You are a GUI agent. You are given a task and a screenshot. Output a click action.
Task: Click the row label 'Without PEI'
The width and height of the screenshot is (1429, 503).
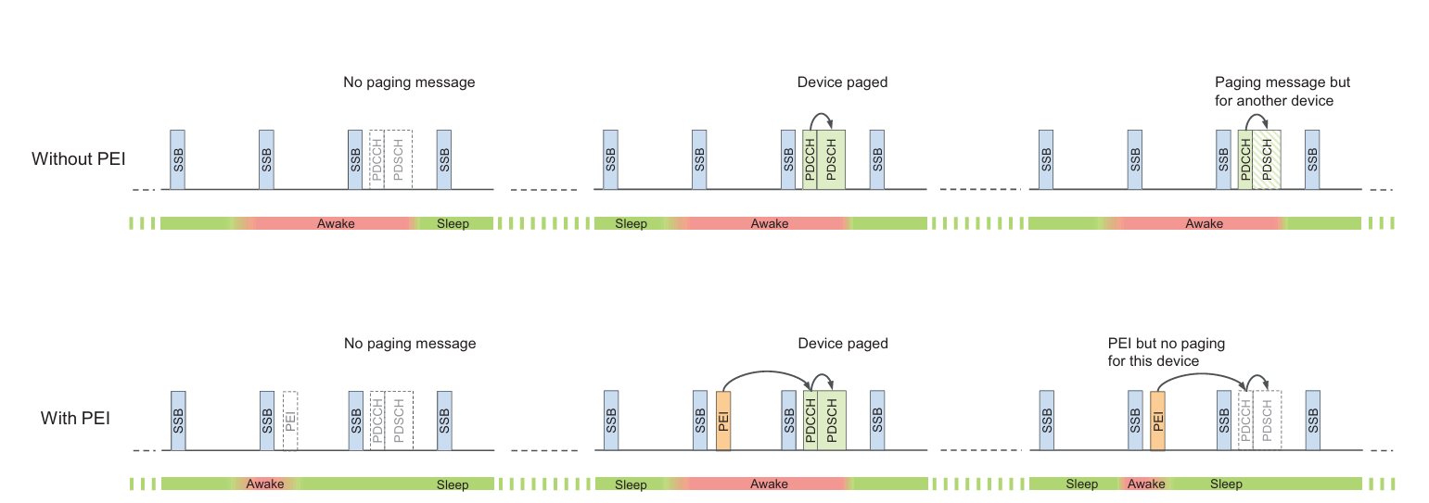[79, 158]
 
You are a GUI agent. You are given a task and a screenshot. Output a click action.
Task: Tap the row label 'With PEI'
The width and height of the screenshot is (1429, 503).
[75, 419]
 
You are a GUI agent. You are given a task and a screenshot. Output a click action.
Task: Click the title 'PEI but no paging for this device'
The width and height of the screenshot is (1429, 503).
[1166, 352]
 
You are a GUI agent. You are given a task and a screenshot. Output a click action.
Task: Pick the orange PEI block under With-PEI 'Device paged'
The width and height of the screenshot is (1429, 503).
[723, 421]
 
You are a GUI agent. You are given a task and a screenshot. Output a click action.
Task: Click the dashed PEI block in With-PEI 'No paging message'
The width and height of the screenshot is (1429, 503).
[290, 421]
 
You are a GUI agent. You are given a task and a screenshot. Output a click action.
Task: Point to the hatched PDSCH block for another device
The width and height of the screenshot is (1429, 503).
[1267, 159]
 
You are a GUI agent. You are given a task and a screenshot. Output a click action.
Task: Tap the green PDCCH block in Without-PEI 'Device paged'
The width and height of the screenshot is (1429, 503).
[810, 159]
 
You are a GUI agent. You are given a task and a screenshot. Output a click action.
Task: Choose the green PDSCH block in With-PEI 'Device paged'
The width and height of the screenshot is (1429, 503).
[832, 421]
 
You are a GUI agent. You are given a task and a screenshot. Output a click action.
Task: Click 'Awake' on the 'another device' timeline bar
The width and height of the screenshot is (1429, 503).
[1204, 223]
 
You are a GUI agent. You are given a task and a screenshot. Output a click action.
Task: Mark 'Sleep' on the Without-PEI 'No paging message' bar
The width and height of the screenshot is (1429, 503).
[453, 223]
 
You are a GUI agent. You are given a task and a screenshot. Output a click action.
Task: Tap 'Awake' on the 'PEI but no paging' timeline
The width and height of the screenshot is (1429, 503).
[1146, 484]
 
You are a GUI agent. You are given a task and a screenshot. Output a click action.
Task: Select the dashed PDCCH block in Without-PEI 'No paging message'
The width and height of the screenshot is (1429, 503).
[376, 159]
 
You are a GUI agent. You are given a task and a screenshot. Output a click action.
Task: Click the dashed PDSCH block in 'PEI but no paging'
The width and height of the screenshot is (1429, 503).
[1267, 421]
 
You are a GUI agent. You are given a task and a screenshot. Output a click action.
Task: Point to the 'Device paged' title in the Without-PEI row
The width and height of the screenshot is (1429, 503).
[842, 82]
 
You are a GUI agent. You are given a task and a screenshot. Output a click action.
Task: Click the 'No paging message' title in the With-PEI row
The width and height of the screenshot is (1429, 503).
[410, 344]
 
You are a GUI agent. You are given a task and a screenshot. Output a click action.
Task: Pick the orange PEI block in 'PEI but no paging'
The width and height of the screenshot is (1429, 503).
[1156, 421]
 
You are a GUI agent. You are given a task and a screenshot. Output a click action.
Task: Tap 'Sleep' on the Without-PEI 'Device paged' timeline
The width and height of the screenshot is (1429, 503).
[631, 223]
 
